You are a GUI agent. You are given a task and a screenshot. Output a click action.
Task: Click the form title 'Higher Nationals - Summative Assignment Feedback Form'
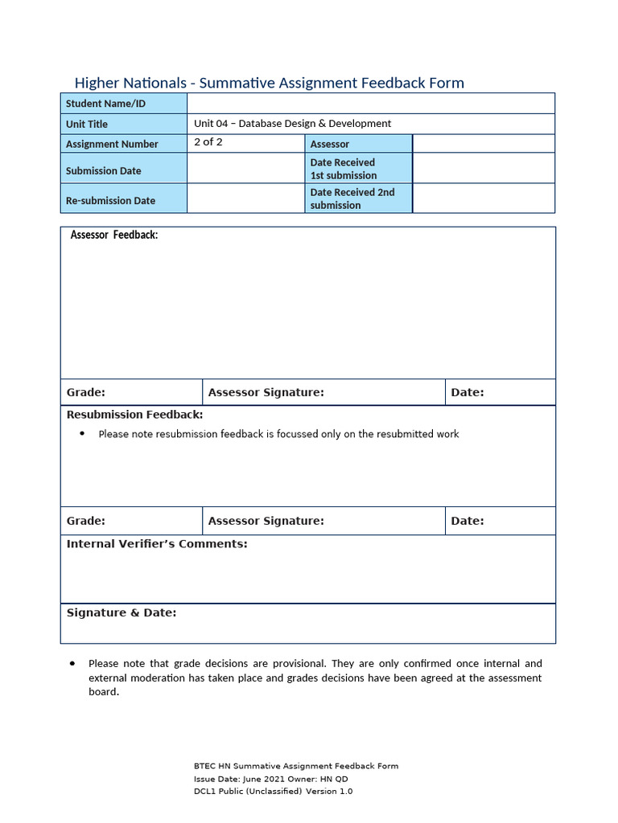pos(269,83)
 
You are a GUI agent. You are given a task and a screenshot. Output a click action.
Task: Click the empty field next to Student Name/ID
pos(370,104)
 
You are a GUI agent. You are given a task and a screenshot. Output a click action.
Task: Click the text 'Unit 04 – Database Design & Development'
pos(292,124)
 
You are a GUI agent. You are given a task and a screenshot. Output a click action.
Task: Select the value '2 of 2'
pos(208,142)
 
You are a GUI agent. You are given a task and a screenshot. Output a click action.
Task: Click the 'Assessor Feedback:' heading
pos(114,235)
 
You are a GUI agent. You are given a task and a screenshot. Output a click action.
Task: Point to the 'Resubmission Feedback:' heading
pos(134,415)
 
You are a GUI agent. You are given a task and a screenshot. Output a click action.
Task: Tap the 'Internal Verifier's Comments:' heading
pos(157,544)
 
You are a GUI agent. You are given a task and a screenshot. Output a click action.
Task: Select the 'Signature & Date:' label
pos(122,612)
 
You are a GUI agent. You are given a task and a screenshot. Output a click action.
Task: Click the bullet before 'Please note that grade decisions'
pos(73,664)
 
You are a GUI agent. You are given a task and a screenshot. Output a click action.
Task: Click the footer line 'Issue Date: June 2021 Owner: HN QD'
pos(271,779)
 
